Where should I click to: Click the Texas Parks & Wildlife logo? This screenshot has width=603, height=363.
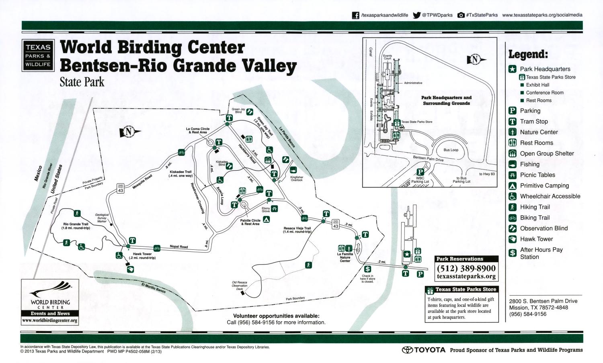[x=38, y=55]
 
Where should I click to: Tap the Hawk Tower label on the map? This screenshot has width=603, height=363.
[x=142, y=256]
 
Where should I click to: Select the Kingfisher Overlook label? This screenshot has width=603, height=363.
[x=297, y=178]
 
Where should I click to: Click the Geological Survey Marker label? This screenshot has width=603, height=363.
[x=102, y=218]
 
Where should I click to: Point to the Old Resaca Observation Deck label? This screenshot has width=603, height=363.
[x=240, y=286]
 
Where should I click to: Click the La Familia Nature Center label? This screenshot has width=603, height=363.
[x=345, y=257]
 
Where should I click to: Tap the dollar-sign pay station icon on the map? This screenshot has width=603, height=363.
[x=367, y=269]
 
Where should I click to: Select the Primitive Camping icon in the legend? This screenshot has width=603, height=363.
[x=513, y=186]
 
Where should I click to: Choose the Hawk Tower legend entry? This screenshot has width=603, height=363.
[x=536, y=239]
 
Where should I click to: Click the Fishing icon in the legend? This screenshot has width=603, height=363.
[x=513, y=164]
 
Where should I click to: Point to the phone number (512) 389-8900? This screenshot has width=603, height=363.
[x=466, y=268]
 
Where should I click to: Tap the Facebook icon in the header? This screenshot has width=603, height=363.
[x=355, y=15]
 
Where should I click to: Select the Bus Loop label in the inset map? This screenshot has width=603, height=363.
[x=451, y=150]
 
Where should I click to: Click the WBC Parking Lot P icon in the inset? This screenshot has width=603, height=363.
[x=420, y=172]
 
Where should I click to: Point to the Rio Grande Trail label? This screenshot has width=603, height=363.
[x=76, y=226]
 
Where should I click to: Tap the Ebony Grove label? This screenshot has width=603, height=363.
[x=266, y=210]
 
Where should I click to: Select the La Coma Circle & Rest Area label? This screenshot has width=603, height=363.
[x=197, y=131]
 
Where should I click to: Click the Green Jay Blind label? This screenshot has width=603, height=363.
[x=238, y=110]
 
